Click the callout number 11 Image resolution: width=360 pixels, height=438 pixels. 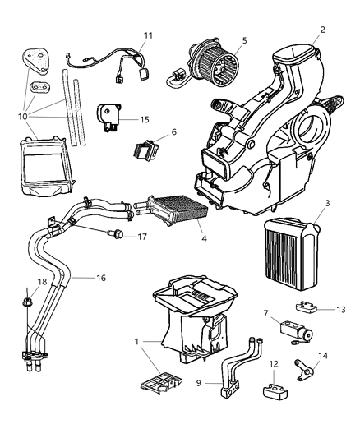tap(148, 35)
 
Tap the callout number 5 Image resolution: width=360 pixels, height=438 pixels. tap(244, 39)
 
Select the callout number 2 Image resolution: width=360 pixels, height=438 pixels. tap(322, 30)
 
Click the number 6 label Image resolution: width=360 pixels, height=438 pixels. tap(173, 131)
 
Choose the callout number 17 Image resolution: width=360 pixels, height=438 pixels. tap(143, 237)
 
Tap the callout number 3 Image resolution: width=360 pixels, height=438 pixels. tap(327, 202)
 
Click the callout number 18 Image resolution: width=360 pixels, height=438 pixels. tap(19, 282)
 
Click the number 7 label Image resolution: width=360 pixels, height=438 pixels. tap(265, 313)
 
